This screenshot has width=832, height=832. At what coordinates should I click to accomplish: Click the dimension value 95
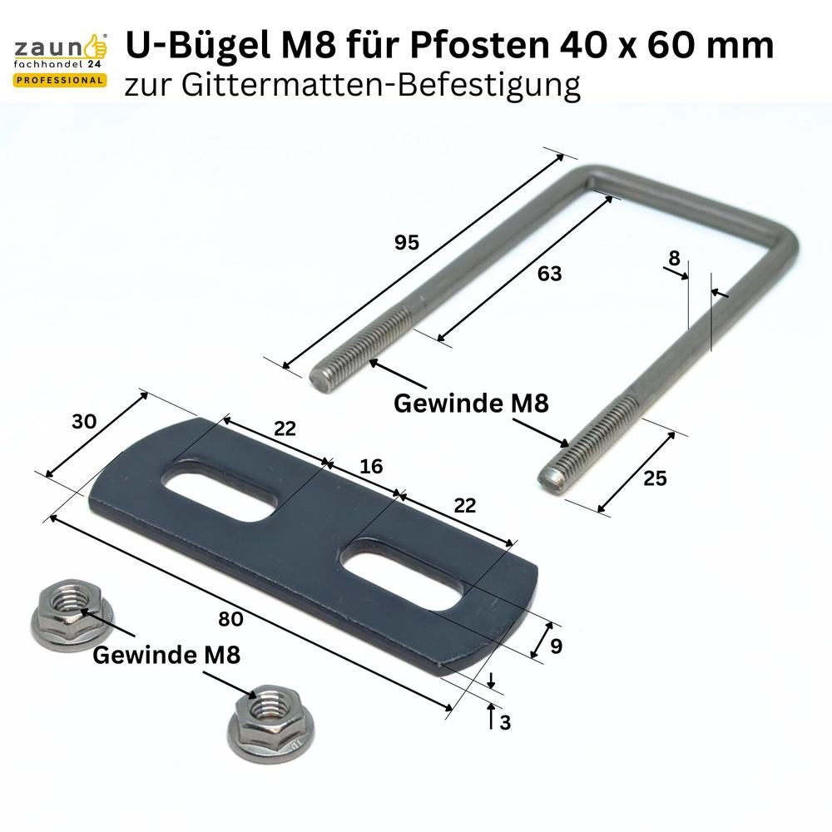(x=407, y=242)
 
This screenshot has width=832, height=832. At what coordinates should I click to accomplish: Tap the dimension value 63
(x=549, y=273)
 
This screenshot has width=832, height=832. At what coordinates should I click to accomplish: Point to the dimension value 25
(x=655, y=478)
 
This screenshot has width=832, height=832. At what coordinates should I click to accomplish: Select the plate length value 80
(x=230, y=619)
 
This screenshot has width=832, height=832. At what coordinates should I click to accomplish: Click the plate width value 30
(x=84, y=421)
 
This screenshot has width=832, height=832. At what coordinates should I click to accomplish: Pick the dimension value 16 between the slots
(x=371, y=466)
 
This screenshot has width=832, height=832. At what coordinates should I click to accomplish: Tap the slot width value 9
(x=556, y=646)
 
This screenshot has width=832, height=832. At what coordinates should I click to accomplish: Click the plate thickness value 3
(x=505, y=722)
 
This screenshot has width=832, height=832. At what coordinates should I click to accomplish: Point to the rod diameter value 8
(x=674, y=258)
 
